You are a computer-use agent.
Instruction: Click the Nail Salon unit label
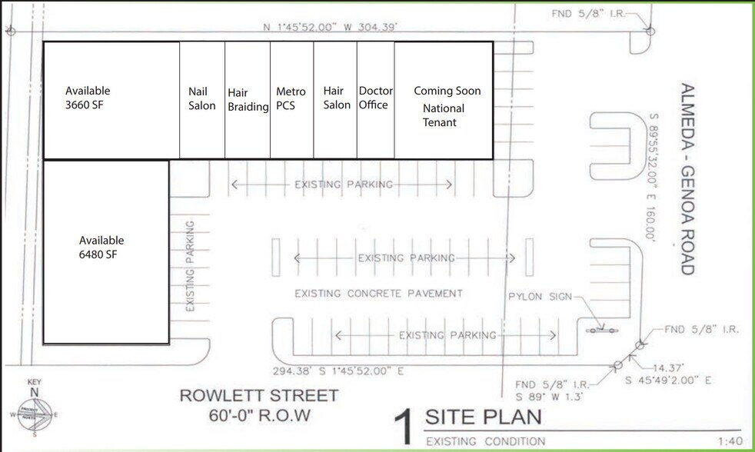tap(202, 98)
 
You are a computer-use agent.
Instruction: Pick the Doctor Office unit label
tap(375, 98)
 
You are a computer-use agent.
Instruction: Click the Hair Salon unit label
tap(336, 98)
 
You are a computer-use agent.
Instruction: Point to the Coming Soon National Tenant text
tap(447, 106)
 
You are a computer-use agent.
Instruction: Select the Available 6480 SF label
tap(101, 248)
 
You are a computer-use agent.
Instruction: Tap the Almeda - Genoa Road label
tap(687, 178)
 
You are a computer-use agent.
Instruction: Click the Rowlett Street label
tap(258, 396)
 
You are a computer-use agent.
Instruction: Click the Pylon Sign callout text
tap(540, 297)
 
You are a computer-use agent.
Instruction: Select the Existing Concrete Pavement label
tap(379, 293)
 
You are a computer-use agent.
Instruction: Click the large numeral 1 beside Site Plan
tap(405, 427)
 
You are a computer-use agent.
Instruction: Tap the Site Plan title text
tap(484, 417)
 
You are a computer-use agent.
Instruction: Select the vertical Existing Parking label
tap(190, 266)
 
